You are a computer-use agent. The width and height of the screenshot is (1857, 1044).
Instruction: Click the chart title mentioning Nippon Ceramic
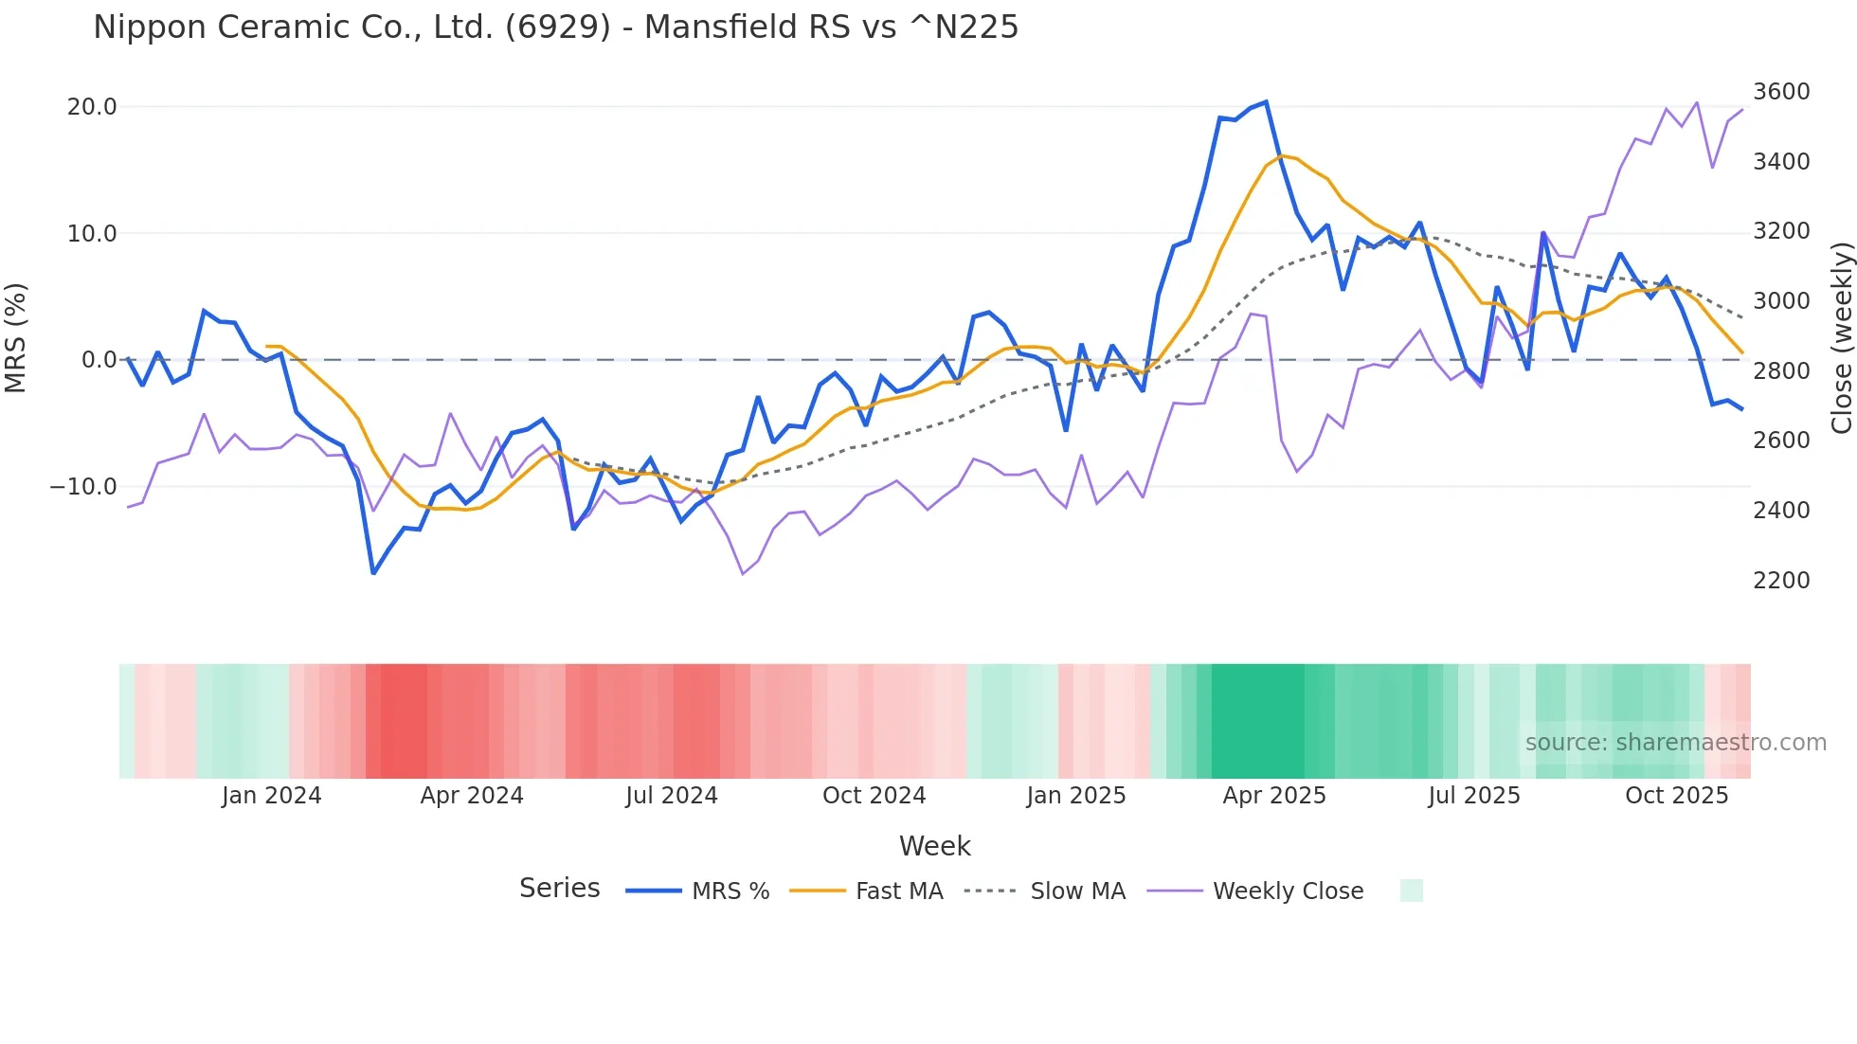coord(555,27)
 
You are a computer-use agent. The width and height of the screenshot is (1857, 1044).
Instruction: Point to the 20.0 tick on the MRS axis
coord(92,107)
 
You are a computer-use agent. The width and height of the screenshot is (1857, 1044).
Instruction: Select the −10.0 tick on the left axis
coord(83,487)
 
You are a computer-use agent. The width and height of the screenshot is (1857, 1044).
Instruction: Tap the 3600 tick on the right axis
coord(1781,92)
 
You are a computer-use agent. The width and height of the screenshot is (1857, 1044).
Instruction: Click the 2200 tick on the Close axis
coord(1781,580)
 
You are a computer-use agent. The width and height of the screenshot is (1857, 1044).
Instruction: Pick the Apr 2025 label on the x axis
coord(1273,796)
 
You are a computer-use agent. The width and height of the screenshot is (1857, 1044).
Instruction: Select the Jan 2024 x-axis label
coord(271,796)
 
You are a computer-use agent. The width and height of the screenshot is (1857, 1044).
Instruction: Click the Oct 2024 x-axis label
coord(874,796)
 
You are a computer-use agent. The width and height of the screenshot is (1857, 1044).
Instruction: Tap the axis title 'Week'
coord(934,846)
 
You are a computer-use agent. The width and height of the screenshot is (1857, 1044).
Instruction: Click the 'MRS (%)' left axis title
coord(16,337)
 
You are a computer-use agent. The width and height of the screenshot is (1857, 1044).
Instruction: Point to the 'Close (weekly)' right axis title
coord(1841,337)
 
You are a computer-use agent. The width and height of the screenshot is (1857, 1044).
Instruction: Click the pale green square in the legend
coord(1411,891)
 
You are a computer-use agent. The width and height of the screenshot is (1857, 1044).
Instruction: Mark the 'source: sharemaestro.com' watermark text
coord(1675,743)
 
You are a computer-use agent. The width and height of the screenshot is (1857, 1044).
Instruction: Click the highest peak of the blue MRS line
coord(1266,102)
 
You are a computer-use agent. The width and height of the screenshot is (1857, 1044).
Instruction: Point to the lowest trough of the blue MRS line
coord(373,573)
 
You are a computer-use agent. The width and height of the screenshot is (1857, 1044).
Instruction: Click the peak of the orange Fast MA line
coord(1282,155)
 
